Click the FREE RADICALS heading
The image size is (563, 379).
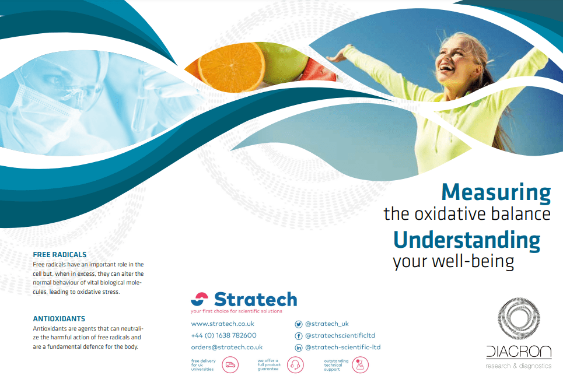pyautogui.click(x=60, y=254)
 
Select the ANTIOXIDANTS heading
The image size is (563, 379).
pyautogui.click(x=60, y=319)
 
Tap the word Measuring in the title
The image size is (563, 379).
pyautogui.click(x=496, y=193)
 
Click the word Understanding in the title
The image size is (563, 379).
pyautogui.click(x=467, y=240)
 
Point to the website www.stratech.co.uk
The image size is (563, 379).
pyautogui.click(x=223, y=324)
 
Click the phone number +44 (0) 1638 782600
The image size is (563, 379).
pyautogui.click(x=223, y=335)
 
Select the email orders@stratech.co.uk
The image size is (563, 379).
pyautogui.click(x=226, y=347)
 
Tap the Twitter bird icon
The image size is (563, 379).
pyautogui.click(x=298, y=324)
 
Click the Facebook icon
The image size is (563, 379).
pyautogui.click(x=298, y=336)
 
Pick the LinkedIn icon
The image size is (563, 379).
pyautogui.click(x=298, y=348)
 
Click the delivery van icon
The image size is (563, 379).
pyautogui.click(x=230, y=364)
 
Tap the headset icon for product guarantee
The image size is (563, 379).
pyautogui.click(x=295, y=364)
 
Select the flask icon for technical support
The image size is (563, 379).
pyautogui.click(x=360, y=364)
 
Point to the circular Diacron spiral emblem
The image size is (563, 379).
pyautogui.click(x=519, y=318)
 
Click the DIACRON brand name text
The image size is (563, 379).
pyautogui.click(x=519, y=352)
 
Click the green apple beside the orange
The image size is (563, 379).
pyautogui.click(x=284, y=61)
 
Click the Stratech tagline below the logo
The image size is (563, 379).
pyautogui.click(x=236, y=311)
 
